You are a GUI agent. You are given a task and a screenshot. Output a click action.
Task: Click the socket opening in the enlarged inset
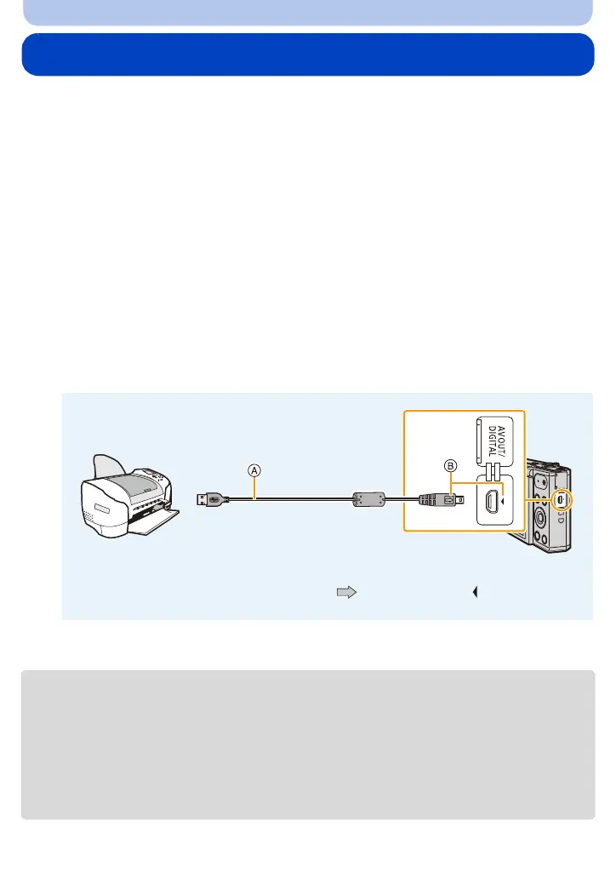493,500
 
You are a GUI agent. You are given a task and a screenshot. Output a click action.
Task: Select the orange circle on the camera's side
560,501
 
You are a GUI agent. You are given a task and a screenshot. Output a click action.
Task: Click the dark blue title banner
308,55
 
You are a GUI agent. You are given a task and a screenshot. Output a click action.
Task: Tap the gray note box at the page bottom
308,744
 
